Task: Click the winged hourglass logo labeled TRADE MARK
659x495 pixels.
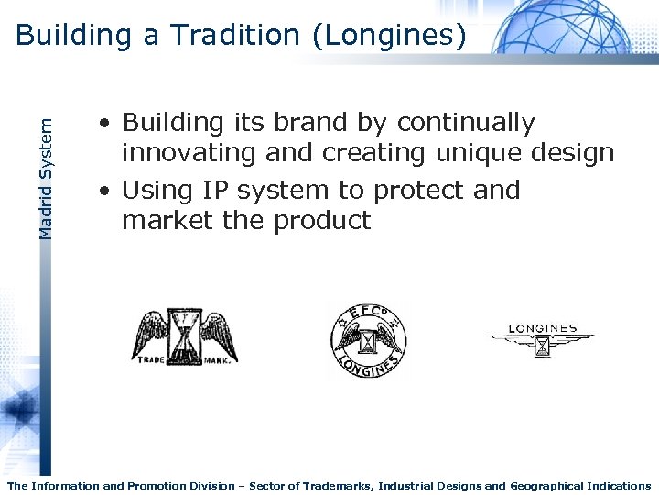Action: (186, 335)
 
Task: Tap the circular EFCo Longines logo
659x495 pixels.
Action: (367, 340)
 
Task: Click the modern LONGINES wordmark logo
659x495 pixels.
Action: (542, 340)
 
